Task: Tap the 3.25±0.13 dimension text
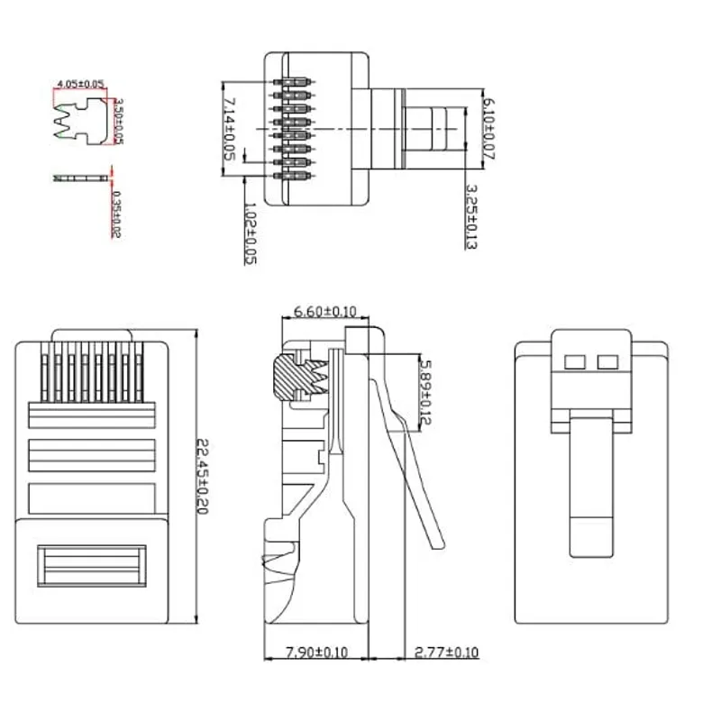coord(470,217)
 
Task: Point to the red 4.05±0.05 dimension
coord(80,84)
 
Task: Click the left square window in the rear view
coord(572,363)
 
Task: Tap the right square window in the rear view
coord(607,363)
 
